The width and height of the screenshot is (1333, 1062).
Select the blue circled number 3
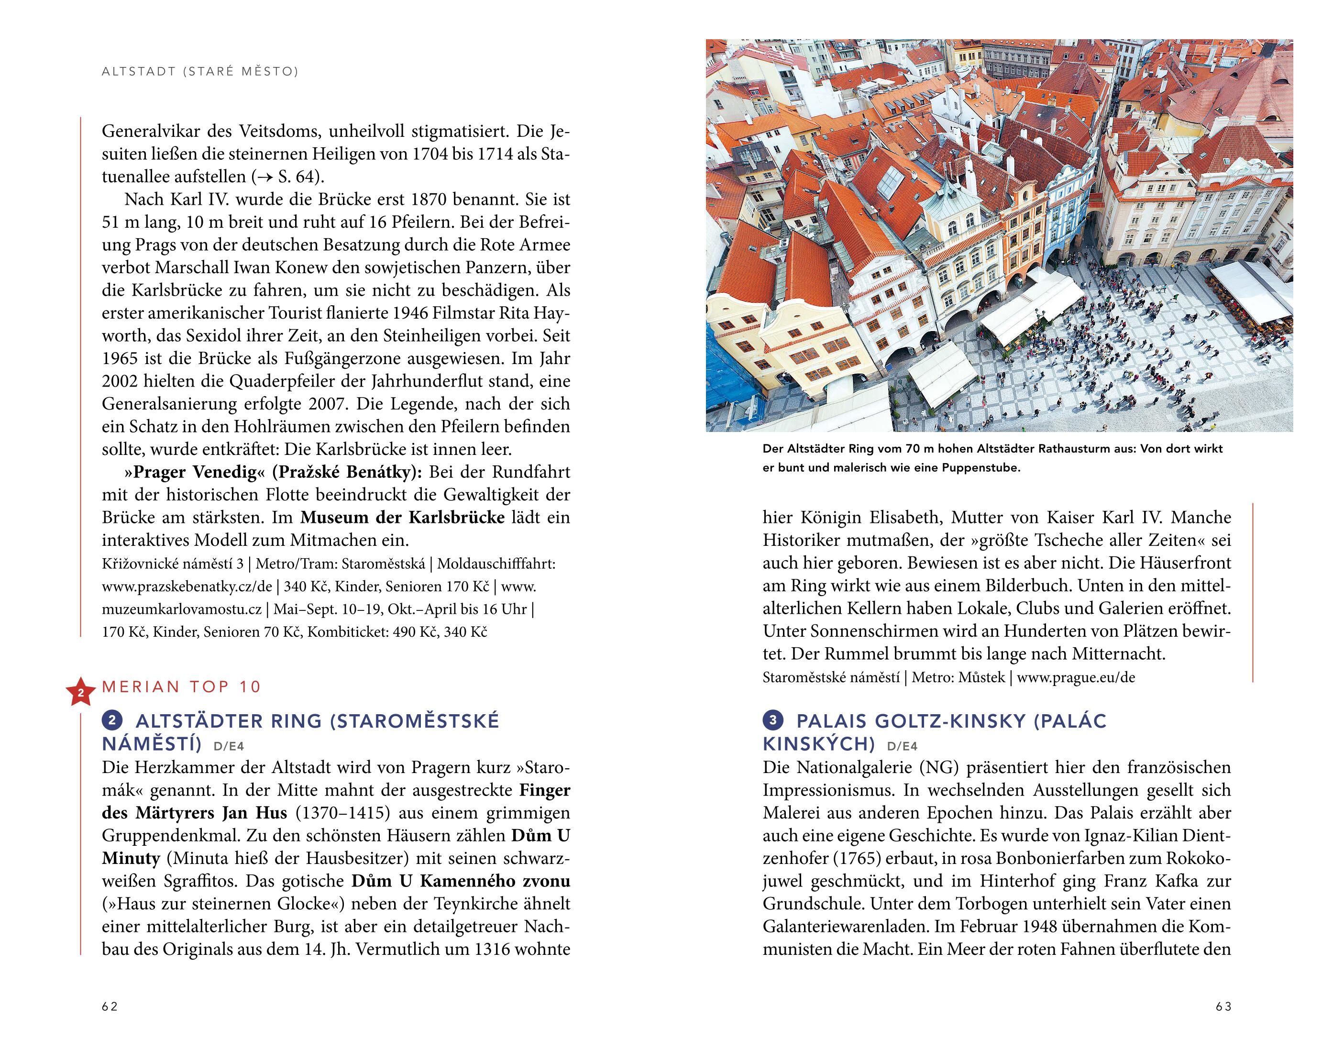point(773,720)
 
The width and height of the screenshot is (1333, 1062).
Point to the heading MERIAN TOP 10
point(182,686)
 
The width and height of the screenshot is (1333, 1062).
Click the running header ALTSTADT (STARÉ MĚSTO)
point(200,72)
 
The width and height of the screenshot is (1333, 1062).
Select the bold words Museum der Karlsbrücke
point(403,518)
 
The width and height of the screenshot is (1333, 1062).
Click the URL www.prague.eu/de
point(1076,677)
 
